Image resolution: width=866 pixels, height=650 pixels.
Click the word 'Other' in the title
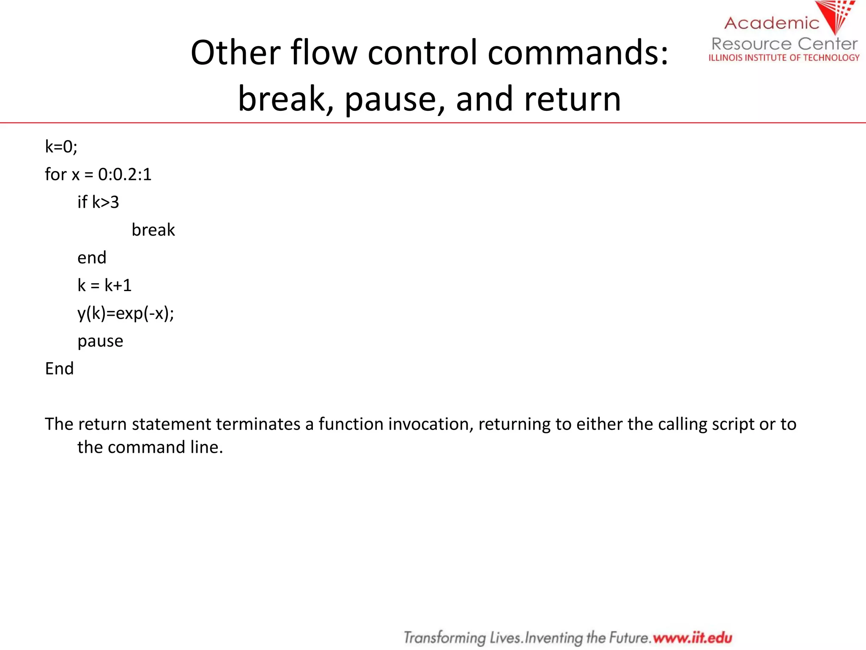coord(236,53)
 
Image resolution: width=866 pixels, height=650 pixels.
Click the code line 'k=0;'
coord(61,147)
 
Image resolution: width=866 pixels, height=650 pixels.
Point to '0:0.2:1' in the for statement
coord(125,174)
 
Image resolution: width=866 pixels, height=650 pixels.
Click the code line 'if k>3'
coord(98,202)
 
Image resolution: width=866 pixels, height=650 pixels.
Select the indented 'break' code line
coord(153,230)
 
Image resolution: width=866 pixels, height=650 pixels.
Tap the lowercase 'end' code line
coord(92,258)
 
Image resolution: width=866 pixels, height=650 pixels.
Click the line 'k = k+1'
coord(104,286)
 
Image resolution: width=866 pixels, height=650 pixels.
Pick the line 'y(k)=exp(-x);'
coord(126,314)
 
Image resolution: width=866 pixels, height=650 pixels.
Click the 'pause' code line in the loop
coord(100,341)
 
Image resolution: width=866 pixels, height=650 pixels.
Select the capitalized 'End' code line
coord(59,369)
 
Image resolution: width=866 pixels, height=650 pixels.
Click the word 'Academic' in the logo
coord(772,23)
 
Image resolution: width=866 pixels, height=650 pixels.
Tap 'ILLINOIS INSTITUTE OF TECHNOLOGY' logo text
coord(784,58)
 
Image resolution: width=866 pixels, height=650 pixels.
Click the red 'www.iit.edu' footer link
coord(692,638)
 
